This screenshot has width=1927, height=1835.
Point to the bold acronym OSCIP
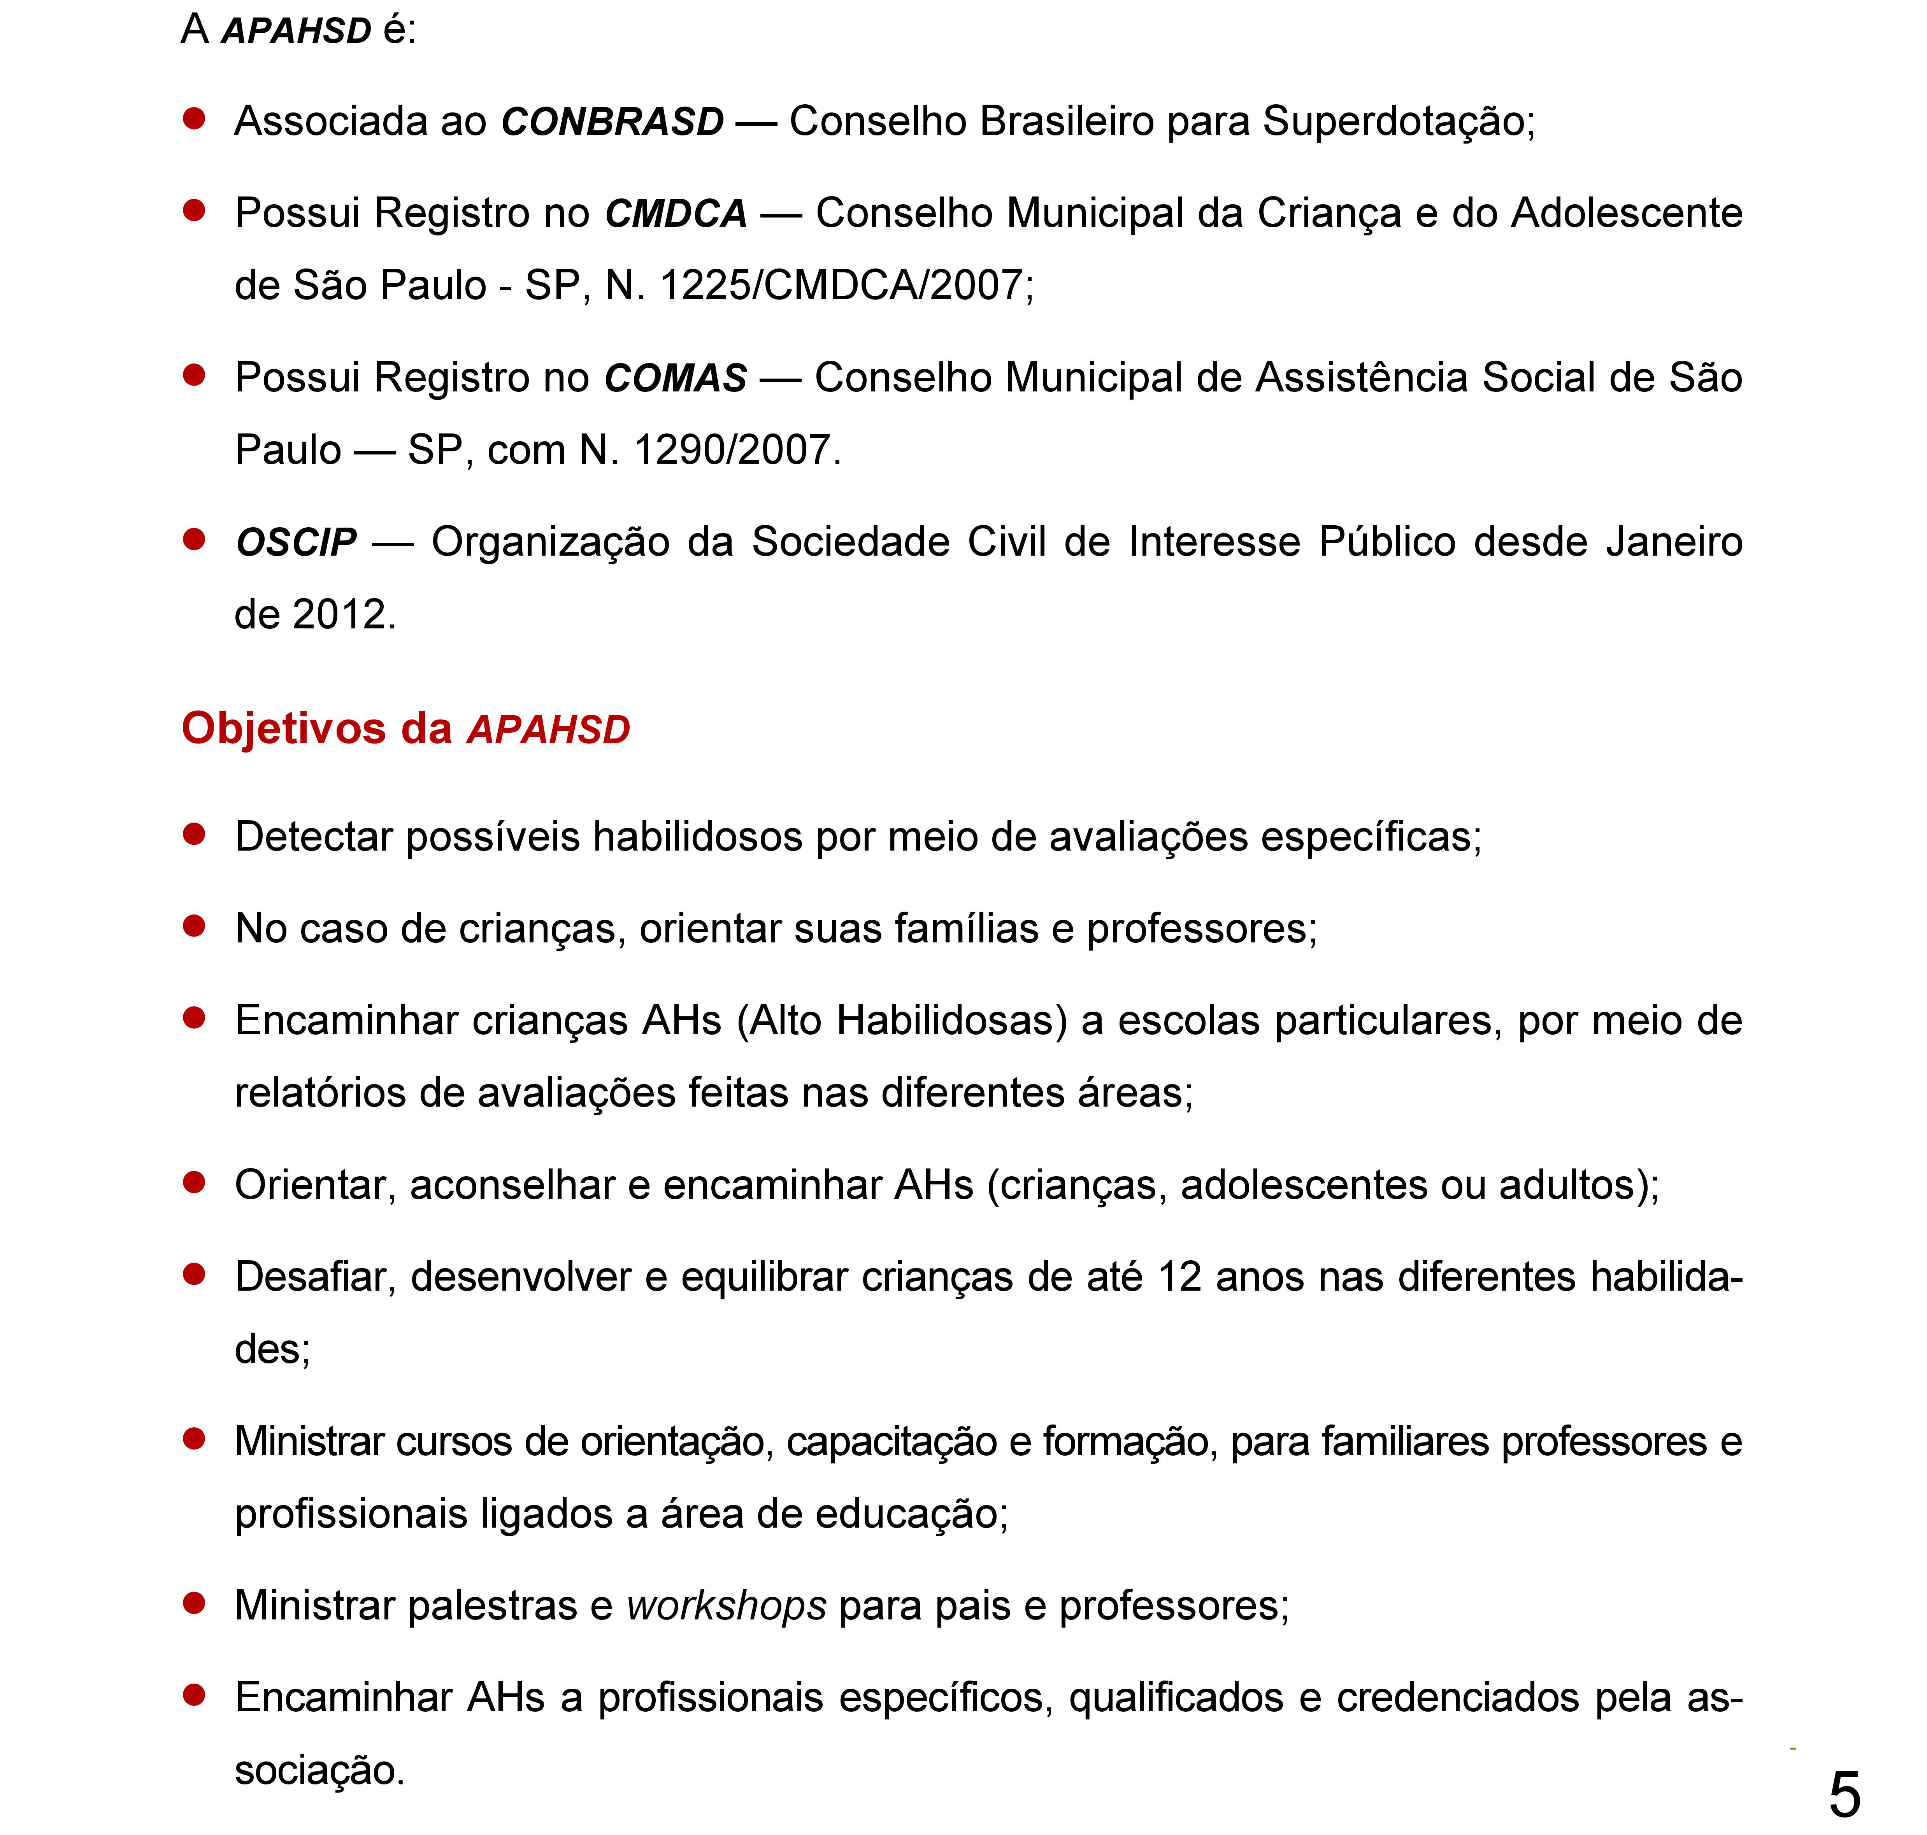tap(297, 542)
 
